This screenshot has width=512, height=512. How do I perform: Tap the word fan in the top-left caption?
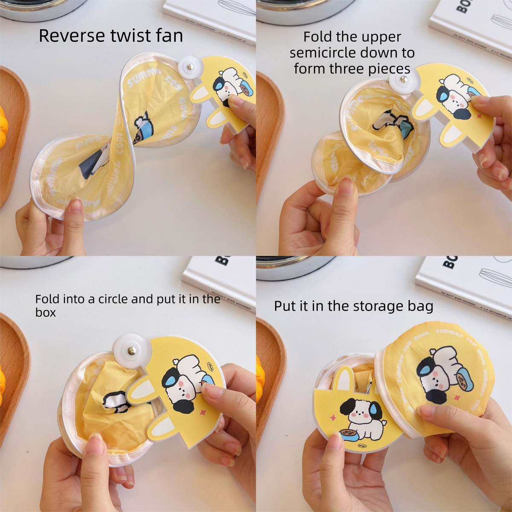pyautogui.click(x=168, y=36)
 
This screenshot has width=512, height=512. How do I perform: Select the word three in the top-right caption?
pyautogui.click(x=354, y=69)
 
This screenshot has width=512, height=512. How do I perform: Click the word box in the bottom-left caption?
pyautogui.click(x=45, y=313)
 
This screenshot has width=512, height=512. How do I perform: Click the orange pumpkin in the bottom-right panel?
pyautogui.click(x=259, y=375)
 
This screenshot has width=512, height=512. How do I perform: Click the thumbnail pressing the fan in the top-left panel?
pyautogui.click(x=76, y=206)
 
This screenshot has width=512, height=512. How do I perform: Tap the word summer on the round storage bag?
pyautogui.click(x=449, y=334)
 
